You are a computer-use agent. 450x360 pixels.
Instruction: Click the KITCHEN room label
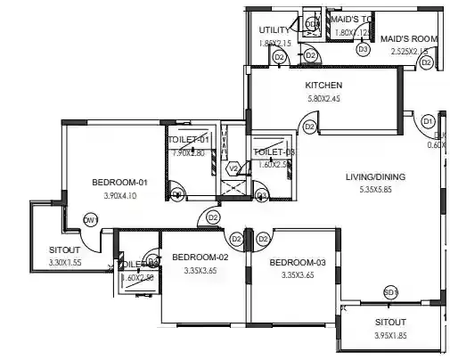click(x=323, y=86)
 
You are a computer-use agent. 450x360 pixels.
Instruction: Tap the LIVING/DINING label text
click(x=375, y=177)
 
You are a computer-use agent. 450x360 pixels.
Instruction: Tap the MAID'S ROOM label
click(x=408, y=38)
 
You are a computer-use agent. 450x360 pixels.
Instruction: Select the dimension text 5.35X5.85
click(x=375, y=190)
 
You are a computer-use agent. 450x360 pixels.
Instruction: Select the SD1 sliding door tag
click(x=390, y=292)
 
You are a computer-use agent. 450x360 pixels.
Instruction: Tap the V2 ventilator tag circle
click(x=233, y=168)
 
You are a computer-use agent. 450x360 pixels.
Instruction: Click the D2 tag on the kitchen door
click(x=309, y=127)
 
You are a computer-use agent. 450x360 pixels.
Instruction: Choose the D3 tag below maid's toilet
click(x=363, y=50)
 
